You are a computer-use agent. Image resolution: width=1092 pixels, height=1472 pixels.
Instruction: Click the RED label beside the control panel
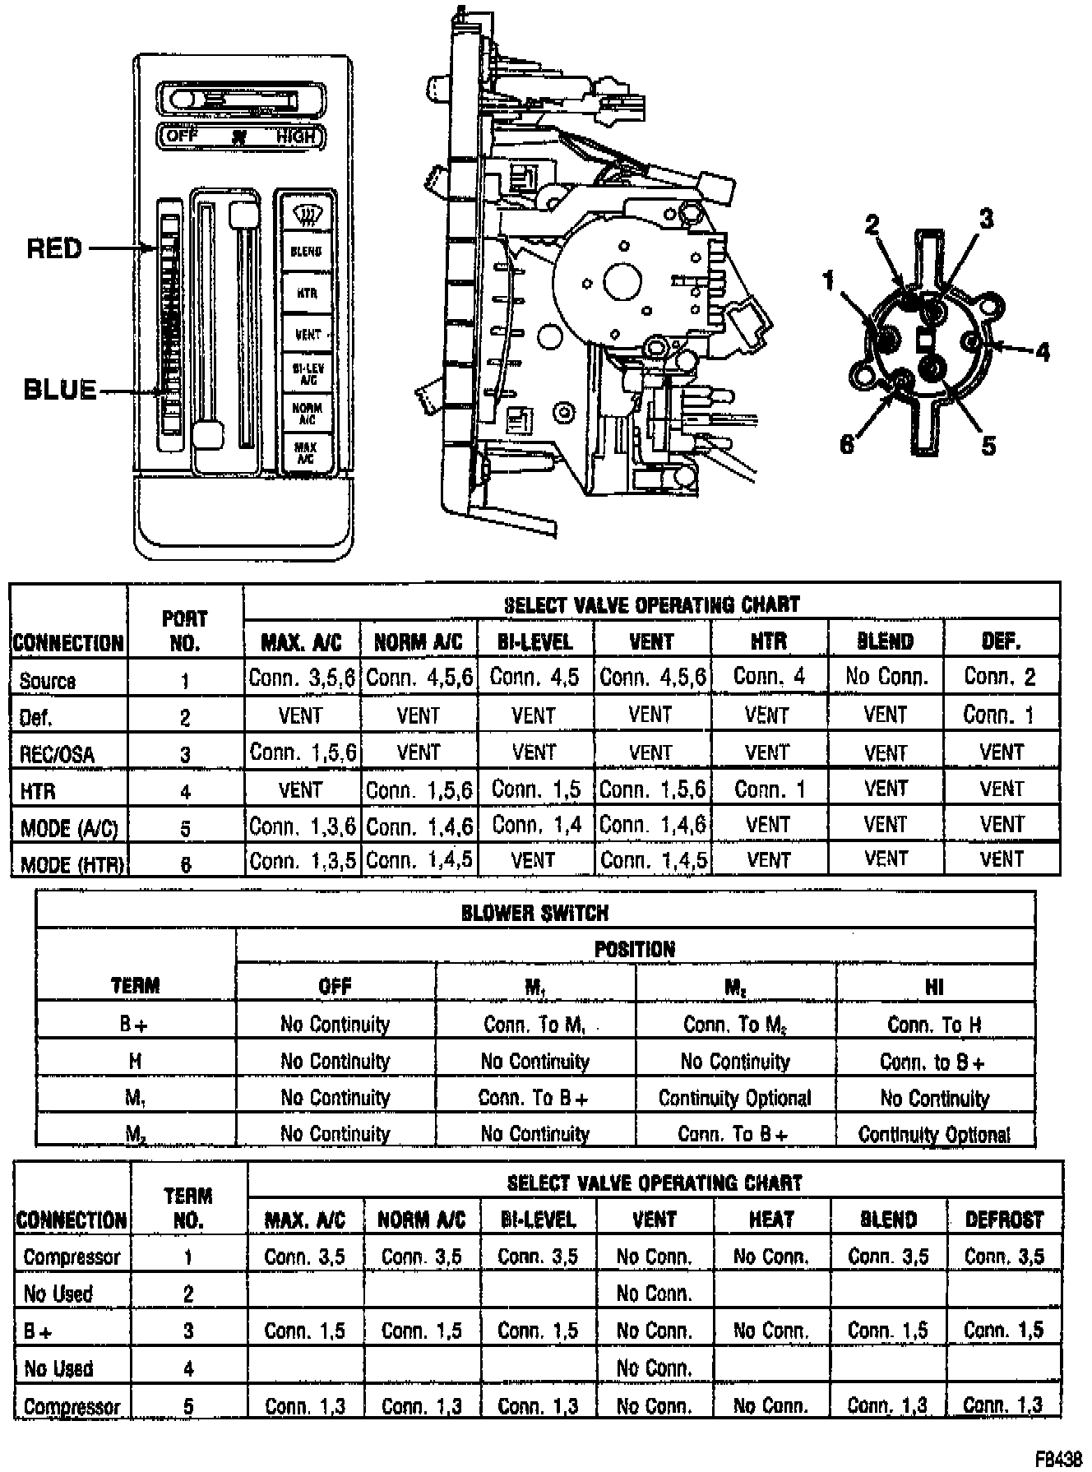(55, 248)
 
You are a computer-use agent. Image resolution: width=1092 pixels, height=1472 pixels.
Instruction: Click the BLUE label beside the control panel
(60, 389)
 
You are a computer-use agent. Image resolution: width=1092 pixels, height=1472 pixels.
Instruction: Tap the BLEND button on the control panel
(306, 252)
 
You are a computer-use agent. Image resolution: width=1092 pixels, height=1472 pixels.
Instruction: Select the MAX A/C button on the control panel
(306, 451)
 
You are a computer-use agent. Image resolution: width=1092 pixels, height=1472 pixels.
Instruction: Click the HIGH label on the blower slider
(296, 137)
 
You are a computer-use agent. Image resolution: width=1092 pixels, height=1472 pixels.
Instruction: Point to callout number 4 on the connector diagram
(1043, 352)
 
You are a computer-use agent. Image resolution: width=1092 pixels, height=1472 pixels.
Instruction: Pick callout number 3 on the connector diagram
(985, 218)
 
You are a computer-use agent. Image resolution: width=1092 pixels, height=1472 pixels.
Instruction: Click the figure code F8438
(1058, 1458)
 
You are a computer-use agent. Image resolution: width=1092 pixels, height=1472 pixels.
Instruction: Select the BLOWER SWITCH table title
(534, 913)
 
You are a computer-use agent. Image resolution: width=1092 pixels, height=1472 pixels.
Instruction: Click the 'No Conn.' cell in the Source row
(886, 678)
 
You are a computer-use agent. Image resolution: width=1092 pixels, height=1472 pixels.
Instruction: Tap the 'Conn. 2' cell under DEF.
(1001, 678)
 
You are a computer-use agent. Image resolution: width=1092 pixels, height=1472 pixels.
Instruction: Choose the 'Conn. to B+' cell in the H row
(933, 1062)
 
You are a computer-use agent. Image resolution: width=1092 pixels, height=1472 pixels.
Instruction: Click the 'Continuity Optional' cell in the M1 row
(734, 1098)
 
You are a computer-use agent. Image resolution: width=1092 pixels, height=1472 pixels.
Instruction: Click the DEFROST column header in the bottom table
(1004, 1220)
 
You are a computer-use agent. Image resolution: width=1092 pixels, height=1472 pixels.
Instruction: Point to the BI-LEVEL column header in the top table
(535, 641)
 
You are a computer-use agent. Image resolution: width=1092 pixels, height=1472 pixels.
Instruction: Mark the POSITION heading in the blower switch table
(634, 949)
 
